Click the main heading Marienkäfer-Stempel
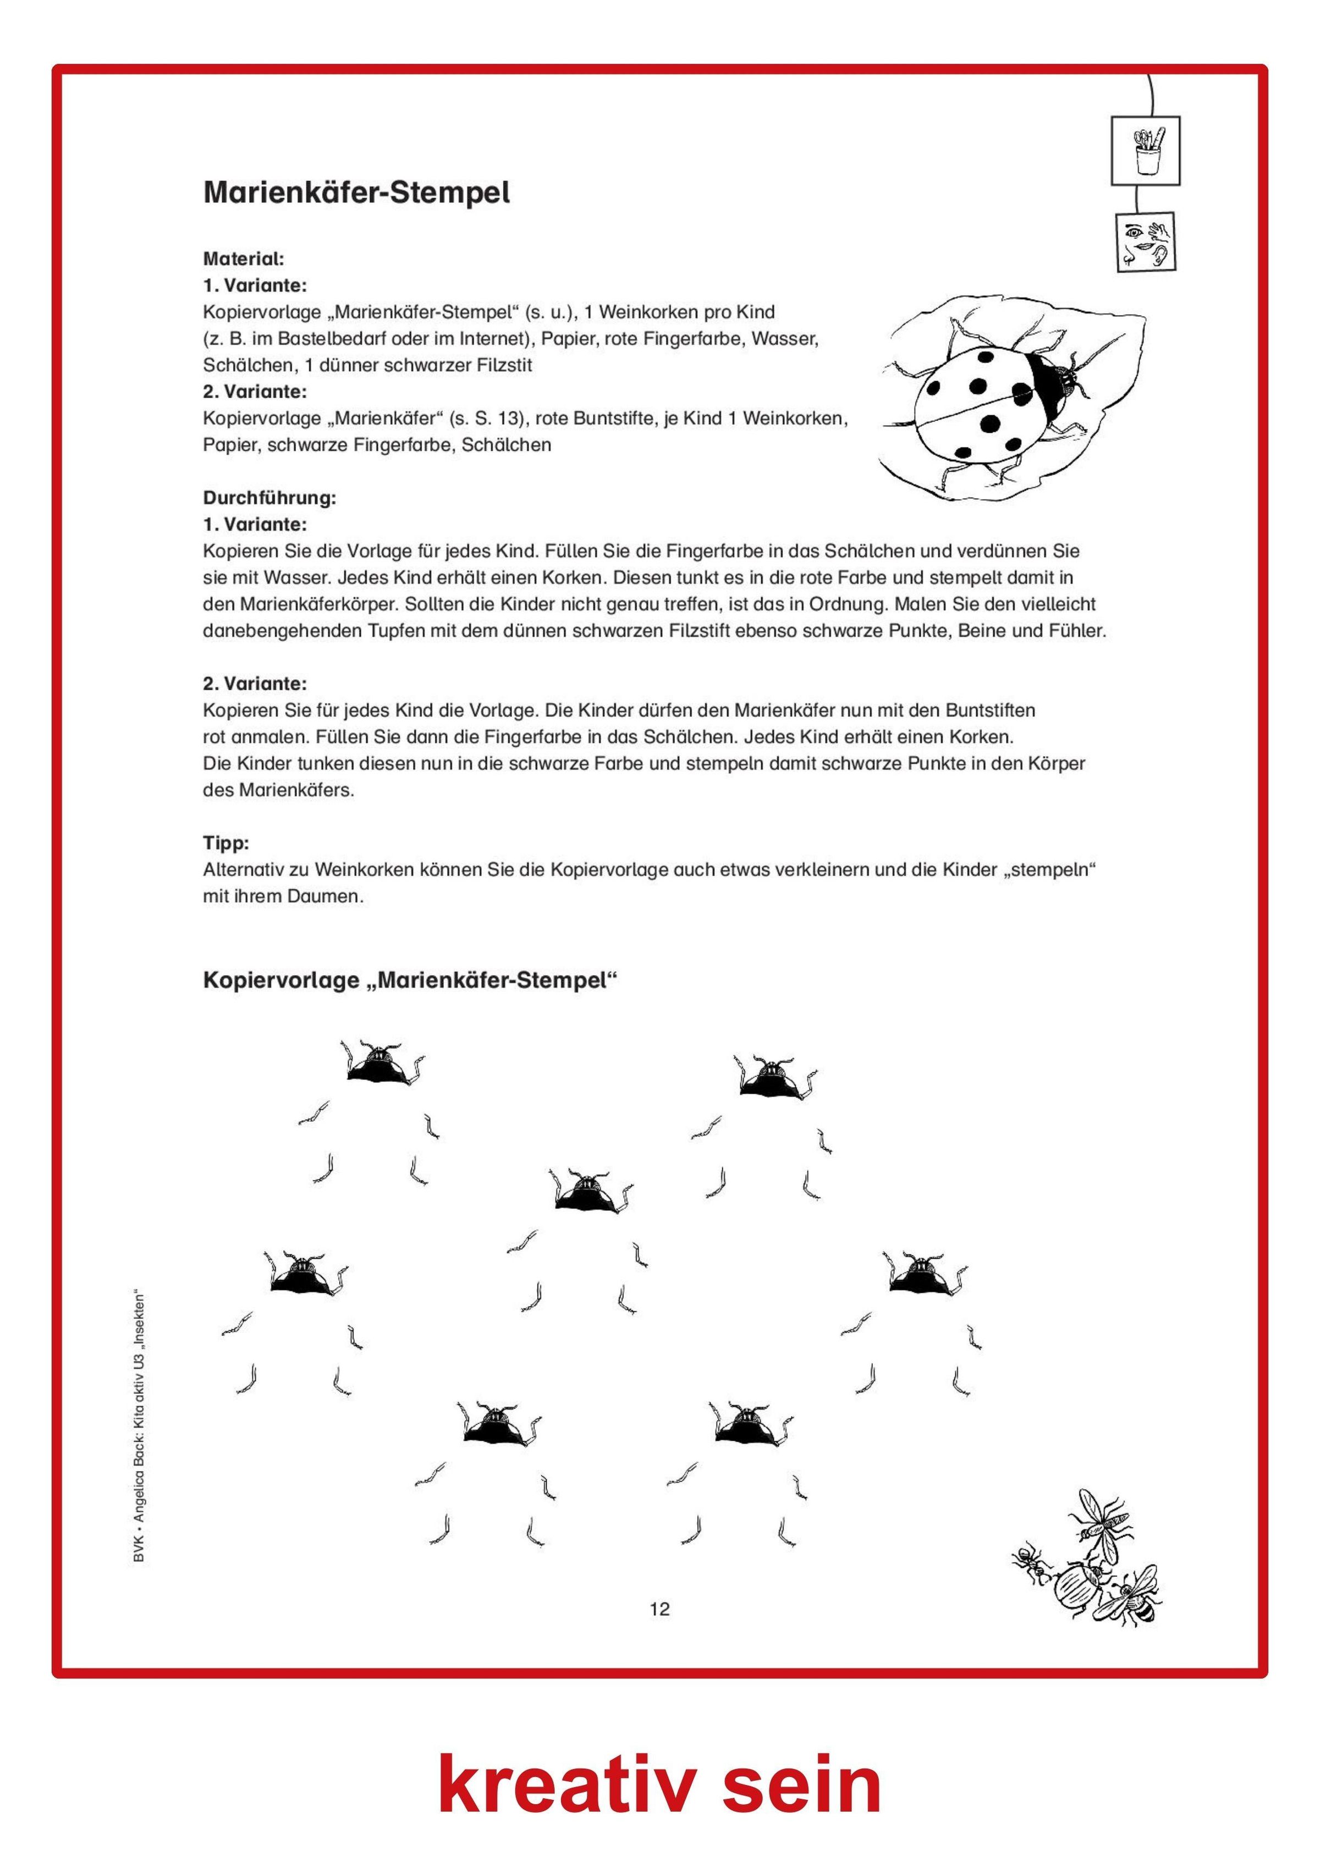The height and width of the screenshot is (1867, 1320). (x=356, y=192)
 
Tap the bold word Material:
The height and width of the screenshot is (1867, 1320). (x=243, y=260)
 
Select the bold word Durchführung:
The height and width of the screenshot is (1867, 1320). (x=269, y=498)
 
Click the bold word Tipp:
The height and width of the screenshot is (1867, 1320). (x=226, y=842)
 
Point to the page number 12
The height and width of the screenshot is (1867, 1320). (x=659, y=1609)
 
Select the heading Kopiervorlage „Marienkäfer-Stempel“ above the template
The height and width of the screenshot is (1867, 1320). (x=410, y=980)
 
